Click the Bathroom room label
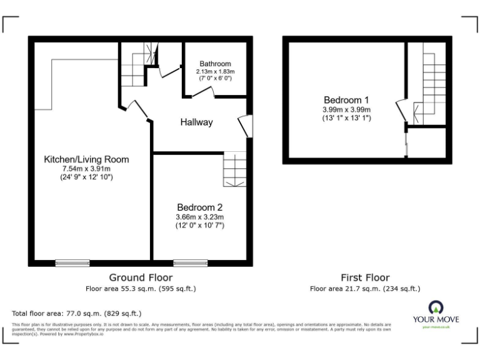215,64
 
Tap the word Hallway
196,122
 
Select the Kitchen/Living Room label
86,159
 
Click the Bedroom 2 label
199,207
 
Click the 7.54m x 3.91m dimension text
86,169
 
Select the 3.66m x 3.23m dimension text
199,217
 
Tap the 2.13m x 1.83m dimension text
215,72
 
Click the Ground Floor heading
141,277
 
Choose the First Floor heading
365,277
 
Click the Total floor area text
77,313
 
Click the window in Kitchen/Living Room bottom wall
72,262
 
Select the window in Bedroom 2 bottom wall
191,262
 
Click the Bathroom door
202,92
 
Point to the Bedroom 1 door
401,110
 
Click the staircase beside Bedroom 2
235,169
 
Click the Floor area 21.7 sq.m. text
365,289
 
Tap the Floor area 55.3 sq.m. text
141,289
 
